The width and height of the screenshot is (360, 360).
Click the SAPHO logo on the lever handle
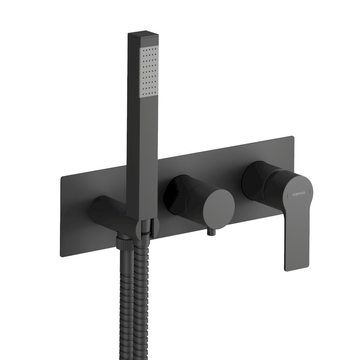point(299,194)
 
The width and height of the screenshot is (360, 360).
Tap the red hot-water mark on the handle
point(287,196)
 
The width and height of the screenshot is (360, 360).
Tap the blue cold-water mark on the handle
point(310,191)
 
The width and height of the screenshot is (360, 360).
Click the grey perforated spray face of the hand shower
point(149,72)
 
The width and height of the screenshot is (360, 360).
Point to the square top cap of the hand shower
point(143,35)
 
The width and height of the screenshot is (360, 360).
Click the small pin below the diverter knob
point(212,232)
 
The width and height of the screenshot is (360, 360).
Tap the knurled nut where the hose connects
point(124,243)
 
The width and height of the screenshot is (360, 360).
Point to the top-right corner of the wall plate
point(293,136)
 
